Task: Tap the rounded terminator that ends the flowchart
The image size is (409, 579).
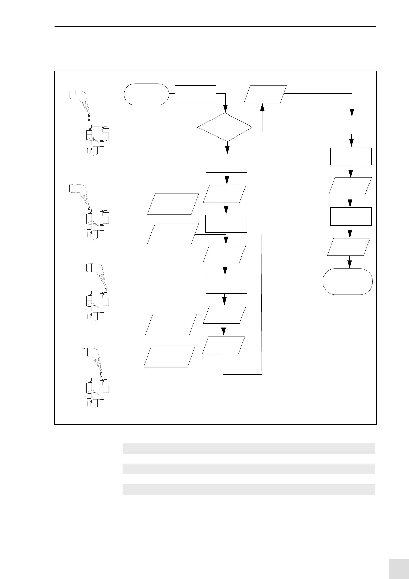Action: (x=348, y=282)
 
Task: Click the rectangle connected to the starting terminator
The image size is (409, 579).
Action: (x=195, y=94)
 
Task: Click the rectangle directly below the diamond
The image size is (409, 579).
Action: (x=226, y=164)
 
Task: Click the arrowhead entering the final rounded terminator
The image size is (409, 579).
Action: (x=350, y=264)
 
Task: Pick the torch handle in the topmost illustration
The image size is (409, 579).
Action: (x=79, y=100)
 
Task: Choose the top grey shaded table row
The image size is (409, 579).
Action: (x=249, y=448)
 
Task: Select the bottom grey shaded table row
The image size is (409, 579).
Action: (x=249, y=489)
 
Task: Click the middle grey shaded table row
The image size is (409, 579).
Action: (x=249, y=469)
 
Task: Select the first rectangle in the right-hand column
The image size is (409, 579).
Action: (x=351, y=125)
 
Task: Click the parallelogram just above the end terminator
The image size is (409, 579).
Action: (x=349, y=247)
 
